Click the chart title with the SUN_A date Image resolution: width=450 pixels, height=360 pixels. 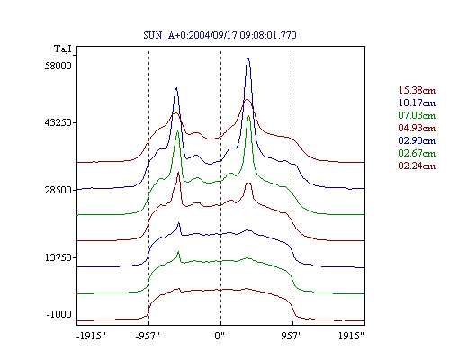click(220, 35)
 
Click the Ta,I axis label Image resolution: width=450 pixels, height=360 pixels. click(63, 49)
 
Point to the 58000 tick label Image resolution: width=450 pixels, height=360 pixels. click(58, 66)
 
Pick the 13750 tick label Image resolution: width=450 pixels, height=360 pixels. click(58, 257)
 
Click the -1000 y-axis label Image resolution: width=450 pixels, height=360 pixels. click(59, 314)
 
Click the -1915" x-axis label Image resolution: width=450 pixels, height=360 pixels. click(91, 336)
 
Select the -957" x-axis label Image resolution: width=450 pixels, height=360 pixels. click(148, 336)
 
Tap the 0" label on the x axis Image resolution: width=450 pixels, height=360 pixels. click(220, 336)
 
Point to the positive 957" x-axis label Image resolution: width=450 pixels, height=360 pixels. click(292, 336)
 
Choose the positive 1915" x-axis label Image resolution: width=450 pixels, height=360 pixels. click(351, 336)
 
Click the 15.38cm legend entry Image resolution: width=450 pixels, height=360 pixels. click(417, 90)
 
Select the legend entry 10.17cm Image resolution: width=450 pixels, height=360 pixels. click(417, 103)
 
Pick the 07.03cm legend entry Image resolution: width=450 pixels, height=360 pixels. click(417, 115)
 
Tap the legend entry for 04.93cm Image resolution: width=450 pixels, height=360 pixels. click(417, 128)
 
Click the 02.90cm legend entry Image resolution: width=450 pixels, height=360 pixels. click(417, 140)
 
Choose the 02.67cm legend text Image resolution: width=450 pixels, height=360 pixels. click(417, 153)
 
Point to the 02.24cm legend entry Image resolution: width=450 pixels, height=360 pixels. click(417, 166)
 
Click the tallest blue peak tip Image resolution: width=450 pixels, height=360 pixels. click(248, 58)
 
